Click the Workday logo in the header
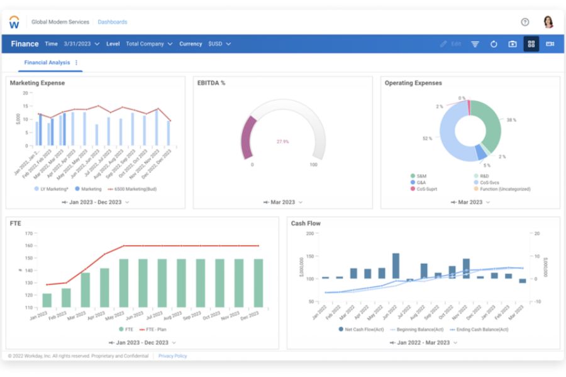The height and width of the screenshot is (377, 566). point(14,22)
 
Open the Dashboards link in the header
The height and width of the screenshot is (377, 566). point(112,22)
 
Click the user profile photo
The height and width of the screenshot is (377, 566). point(548,22)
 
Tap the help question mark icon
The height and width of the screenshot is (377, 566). point(525,22)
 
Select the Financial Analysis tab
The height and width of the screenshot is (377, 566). point(47,63)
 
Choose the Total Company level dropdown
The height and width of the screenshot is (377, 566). point(148,44)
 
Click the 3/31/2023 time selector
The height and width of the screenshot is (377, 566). point(82,44)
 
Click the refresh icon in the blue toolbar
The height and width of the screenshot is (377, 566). point(494,44)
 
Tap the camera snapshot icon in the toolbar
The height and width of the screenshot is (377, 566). point(513,44)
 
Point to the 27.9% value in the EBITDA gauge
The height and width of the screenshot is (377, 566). point(283,141)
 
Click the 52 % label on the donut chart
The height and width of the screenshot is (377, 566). point(427,138)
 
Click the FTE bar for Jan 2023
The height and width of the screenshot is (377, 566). point(47,300)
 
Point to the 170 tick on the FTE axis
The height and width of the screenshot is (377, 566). point(28,233)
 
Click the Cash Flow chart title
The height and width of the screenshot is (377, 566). point(306,223)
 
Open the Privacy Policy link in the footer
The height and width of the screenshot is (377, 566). point(172,356)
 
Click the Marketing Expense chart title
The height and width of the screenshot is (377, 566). point(37,83)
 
